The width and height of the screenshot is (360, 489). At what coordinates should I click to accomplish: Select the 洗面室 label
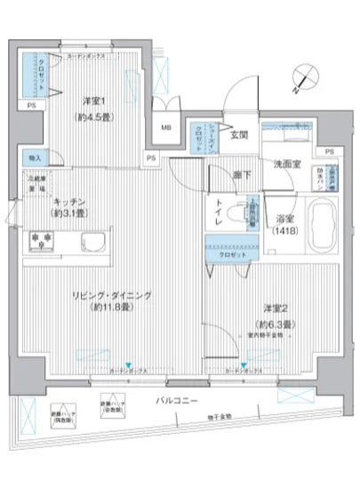(x=287, y=164)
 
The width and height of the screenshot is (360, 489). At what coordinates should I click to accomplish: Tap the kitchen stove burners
(x=41, y=240)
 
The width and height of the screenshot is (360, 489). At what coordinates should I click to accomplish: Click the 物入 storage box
(x=35, y=157)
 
